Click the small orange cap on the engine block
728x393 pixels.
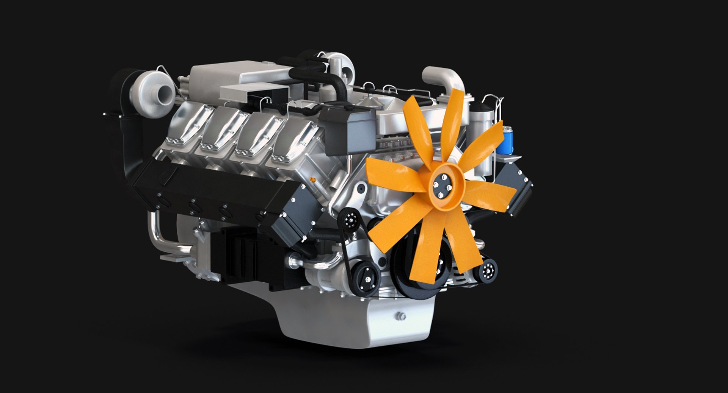pyautogui.click(x=313, y=178)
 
